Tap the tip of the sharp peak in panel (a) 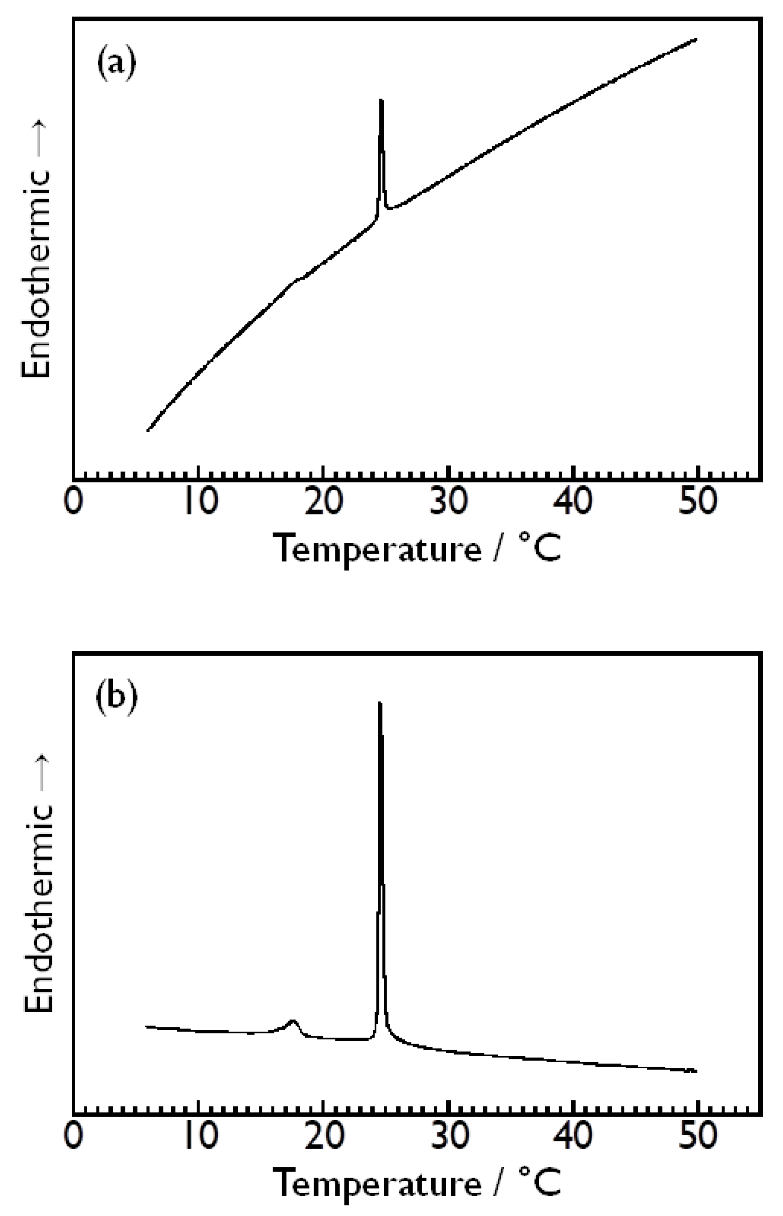click(x=381, y=101)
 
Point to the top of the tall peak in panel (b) click(x=379, y=704)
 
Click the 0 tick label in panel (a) click(x=74, y=502)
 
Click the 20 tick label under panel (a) click(x=323, y=502)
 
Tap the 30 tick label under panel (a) click(x=448, y=502)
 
